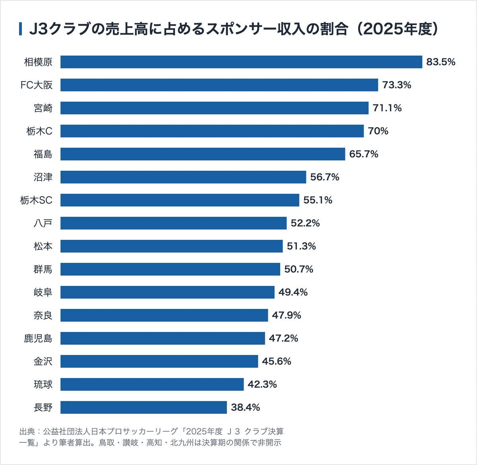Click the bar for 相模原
(x=241, y=62)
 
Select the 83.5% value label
(x=441, y=62)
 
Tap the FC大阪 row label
(x=37, y=85)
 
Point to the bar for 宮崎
(x=215, y=108)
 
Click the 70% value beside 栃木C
(x=378, y=131)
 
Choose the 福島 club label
(x=43, y=154)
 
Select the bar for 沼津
(x=183, y=177)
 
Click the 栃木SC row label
(x=36, y=200)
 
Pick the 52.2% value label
(x=305, y=223)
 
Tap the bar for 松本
(x=172, y=246)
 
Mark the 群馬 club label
(x=43, y=269)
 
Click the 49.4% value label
(x=293, y=292)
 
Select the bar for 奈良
(x=164, y=315)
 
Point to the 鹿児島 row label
(x=38, y=338)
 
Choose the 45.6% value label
(x=277, y=361)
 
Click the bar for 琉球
(x=152, y=384)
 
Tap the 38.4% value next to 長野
(x=245, y=407)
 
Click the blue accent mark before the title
(x=21, y=29)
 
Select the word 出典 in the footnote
(x=27, y=432)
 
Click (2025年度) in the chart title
(x=397, y=29)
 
